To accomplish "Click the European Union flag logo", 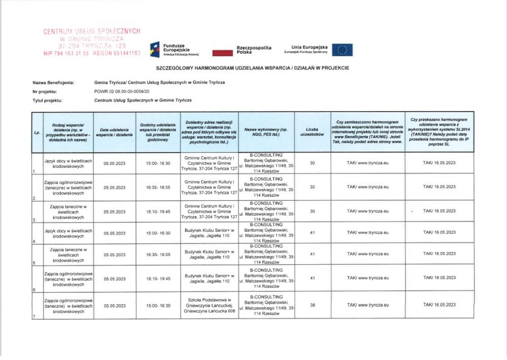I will (x=342, y=50).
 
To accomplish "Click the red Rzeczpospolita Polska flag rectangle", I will (x=222, y=52).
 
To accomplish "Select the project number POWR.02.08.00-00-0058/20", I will (x=122, y=91).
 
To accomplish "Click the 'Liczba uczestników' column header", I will (x=312, y=132).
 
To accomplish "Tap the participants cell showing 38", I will (x=312, y=305).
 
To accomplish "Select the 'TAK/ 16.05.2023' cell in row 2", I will (x=440, y=187).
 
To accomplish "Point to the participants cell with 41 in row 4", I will (x=312, y=233).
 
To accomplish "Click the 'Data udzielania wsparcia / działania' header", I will (x=115, y=132).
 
